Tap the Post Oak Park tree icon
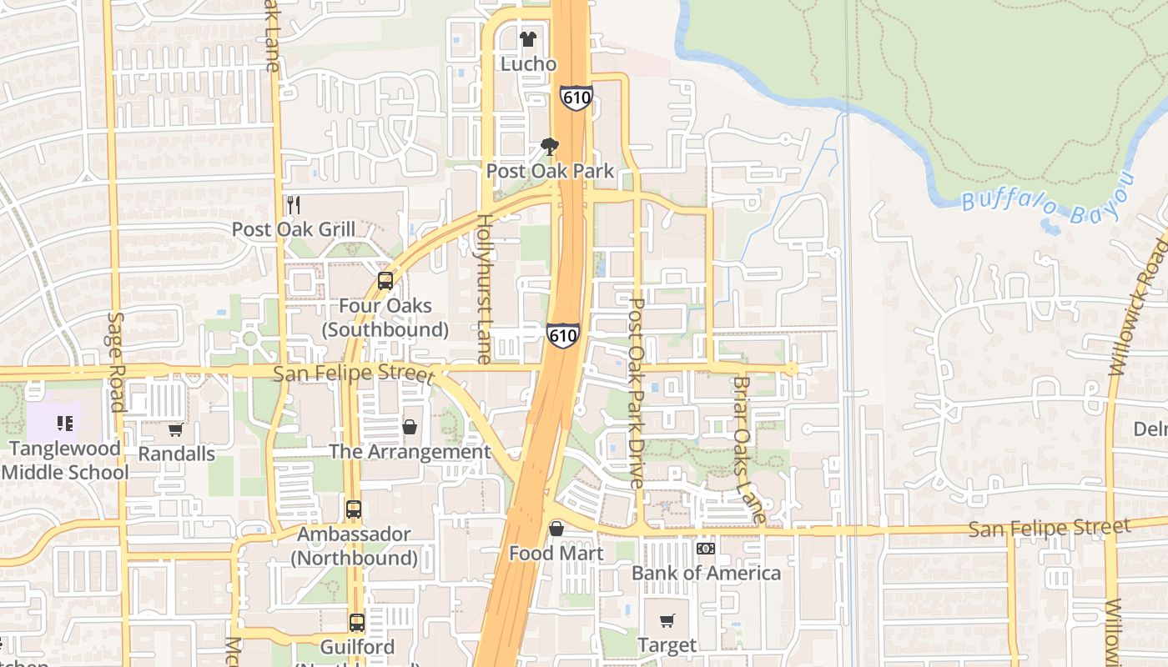tap(550, 148)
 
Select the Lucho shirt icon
tap(527, 38)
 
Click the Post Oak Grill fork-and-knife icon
tap(293, 204)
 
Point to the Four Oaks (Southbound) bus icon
tap(385, 281)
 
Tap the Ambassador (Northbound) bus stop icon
tap(354, 509)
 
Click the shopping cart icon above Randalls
tap(176, 430)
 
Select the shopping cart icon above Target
tap(667, 620)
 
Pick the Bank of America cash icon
tap(706, 549)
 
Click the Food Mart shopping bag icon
tap(556, 529)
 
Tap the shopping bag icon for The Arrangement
tap(410, 427)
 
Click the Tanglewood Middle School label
tap(65, 460)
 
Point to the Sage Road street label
tap(116, 362)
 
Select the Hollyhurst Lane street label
tap(484, 288)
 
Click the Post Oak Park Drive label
tap(637, 393)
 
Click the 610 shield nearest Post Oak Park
tap(576, 98)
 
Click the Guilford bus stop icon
tap(356, 622)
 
